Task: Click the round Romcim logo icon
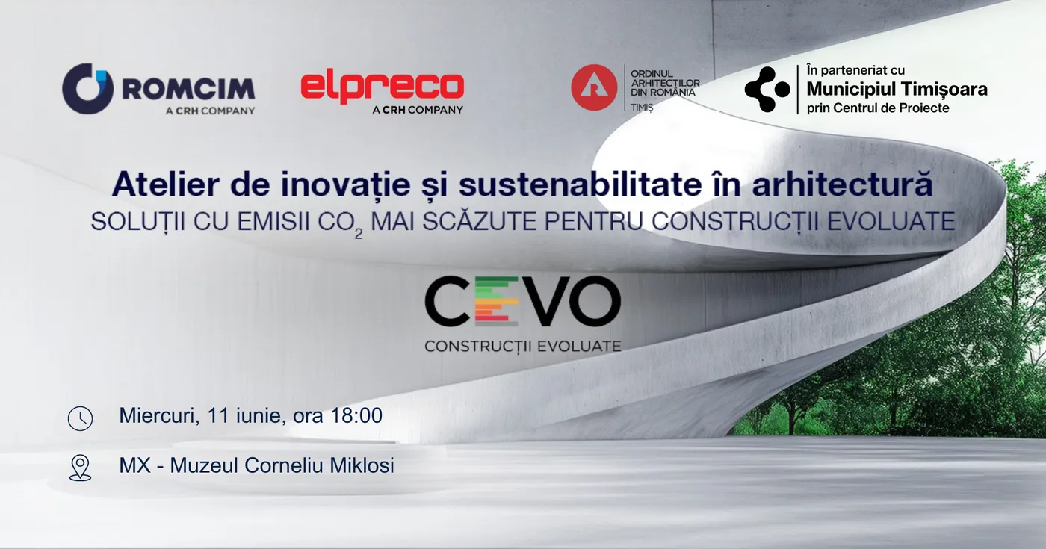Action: [88, 89]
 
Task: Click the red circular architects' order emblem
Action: [594, 87]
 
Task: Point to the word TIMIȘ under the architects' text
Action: [642, 108]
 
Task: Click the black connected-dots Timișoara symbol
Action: [767, 89]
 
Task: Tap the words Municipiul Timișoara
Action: [897, 89]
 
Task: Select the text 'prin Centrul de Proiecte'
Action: [878, 108]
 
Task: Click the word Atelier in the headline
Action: [166, 184]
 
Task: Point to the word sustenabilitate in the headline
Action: [580, 184]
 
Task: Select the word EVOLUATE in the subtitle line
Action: [891, 221]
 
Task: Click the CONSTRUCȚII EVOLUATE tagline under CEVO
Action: [523, 346]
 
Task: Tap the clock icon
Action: [81, 418]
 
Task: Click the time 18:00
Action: [356, 415]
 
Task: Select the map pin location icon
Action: [81, 468]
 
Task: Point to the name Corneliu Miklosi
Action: [320, 465]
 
